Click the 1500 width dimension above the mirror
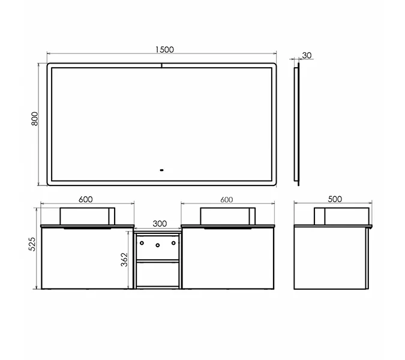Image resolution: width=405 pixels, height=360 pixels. tap(164, 49)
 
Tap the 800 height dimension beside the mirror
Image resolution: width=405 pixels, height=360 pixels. tap(35, 119)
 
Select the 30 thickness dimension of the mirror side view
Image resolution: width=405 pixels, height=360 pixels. tap(307, 55)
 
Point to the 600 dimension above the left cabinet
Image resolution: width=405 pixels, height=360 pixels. tap(85, 199)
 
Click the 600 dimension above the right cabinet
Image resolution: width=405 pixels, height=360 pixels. tap(227, 200)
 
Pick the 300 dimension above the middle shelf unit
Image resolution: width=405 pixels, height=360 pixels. tap(160, 224)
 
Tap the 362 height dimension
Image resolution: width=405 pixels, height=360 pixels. tap(124, 260)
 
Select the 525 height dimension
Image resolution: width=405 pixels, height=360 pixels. tap(32, 244)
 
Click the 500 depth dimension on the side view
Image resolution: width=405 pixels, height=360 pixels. tap(335, 199)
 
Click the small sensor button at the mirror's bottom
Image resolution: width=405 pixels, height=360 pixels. tap(161, 170)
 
